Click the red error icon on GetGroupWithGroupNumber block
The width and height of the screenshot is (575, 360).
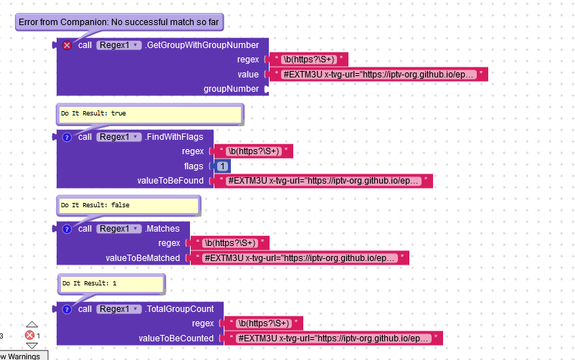click(67, 45)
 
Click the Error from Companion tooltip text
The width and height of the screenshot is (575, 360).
click(119, 22)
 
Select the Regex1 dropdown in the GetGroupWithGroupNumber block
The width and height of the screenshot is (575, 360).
click(118, 45)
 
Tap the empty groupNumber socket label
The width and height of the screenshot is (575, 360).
click(231, 89)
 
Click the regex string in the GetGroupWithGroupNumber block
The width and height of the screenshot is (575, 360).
click(306, 60)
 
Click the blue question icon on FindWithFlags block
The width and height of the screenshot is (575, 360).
click(67, 137)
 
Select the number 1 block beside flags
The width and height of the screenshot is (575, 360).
click(224, 166)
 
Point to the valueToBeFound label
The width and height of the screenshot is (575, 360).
click(170, 181)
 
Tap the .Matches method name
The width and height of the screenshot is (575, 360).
click(162, 229)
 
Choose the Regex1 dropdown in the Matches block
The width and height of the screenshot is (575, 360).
click(118, 229)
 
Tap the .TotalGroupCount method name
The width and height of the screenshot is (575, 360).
click(179, 309)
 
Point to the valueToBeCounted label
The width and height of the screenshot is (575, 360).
click(176, 338)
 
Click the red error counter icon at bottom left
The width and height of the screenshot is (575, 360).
click(29, 336)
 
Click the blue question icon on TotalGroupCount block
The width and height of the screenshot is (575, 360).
click(67, 309)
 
